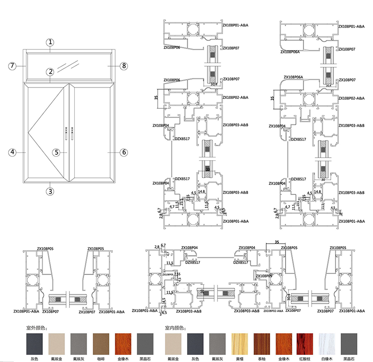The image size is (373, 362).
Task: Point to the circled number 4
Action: click(x=13, y=152)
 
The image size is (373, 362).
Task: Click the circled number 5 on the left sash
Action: click(x=57, y=152)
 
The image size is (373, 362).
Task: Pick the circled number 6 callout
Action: click(x=124, y=152)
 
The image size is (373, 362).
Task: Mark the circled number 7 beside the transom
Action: click(x=13, y=66)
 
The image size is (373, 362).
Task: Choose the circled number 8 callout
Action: click(x=123, y=66)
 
